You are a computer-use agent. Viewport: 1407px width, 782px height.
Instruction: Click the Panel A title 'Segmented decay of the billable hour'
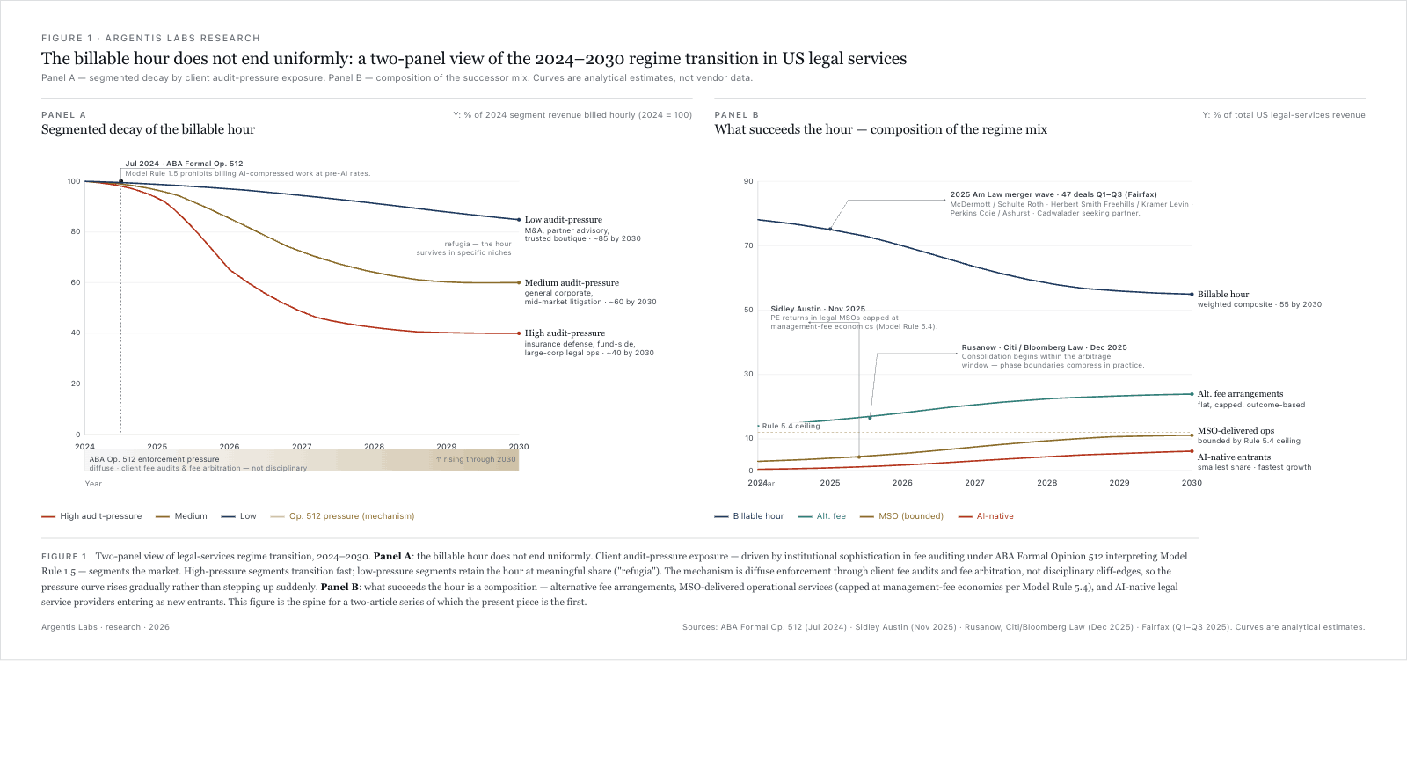click(x=148, y=129)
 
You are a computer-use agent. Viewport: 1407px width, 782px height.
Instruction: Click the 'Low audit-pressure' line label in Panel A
click(x=563, y=220)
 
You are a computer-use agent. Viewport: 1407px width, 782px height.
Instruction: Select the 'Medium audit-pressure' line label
click(x=572, y=283)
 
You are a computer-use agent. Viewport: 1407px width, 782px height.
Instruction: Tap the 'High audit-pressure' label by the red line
click(x=565, y=333)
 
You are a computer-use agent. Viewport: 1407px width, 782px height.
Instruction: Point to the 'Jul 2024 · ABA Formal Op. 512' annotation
click(x=184, y=164)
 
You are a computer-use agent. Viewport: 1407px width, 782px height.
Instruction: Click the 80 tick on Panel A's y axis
click(x=76, y=232)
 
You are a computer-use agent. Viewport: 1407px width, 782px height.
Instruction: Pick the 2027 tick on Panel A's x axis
click(x=302, y=447)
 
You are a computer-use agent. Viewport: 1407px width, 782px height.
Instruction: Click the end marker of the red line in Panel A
click(x=519, y=333)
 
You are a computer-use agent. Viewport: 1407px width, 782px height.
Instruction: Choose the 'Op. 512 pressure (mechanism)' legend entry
click(x=351, y=516)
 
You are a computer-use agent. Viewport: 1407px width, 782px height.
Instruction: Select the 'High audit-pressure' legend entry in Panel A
click(x=100, y=516)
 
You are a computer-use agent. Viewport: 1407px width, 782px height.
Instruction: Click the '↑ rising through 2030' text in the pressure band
click(x=476, y=459)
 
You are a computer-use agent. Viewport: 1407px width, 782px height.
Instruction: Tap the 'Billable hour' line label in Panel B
click(x=1222, y=295)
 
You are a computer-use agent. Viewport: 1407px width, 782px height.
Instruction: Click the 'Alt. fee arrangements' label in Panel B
click(x=1240, y=394)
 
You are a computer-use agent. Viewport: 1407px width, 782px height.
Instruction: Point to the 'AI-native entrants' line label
click(x=1234, y=457)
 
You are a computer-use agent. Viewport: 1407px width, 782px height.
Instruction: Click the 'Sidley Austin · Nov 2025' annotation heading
click(x=818, y=310)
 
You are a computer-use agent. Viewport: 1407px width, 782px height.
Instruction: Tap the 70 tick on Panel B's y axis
click(x=748, y=246)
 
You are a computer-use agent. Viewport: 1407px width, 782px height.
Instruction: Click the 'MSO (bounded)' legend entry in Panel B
click(x=910, y=516)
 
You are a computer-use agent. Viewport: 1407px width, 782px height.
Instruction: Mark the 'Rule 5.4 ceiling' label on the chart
click(x=791, y=426)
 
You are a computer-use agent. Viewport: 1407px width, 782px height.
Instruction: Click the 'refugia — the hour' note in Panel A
click(x=478, y=245)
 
